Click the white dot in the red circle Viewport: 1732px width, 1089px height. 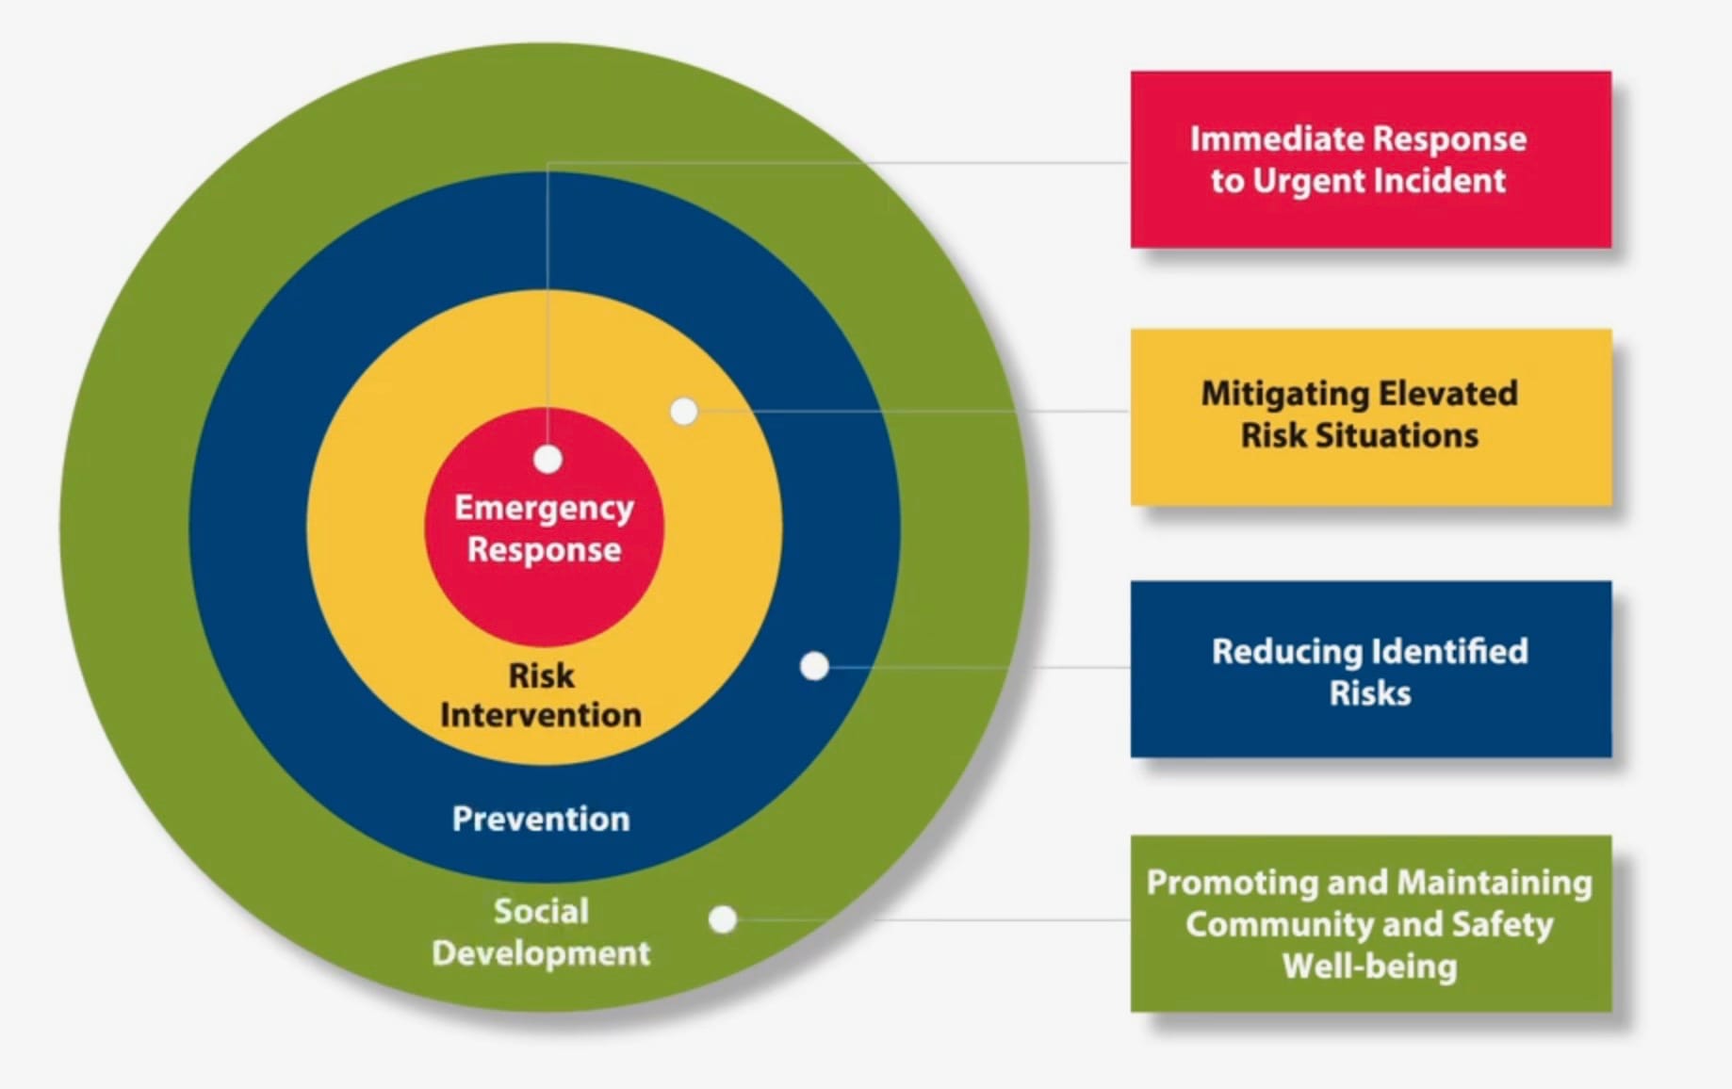coord(547,459)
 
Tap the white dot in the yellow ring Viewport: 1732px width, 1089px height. coord(684,411)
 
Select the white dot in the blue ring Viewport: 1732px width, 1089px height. coord(814,666)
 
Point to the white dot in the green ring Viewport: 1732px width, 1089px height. coord(723,919)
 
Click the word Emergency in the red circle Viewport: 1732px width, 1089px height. coord(544,509)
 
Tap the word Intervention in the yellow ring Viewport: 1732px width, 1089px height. coord(541,715)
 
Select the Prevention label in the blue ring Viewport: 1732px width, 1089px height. coord(541,819)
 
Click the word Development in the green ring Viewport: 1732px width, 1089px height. coord(541,953)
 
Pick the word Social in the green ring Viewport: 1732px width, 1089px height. coord(541,911)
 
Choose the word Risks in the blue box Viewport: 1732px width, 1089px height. coord(1370,693)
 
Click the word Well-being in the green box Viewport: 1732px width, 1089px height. coord(1370,967)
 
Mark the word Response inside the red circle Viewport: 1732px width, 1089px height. coord(544,549)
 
